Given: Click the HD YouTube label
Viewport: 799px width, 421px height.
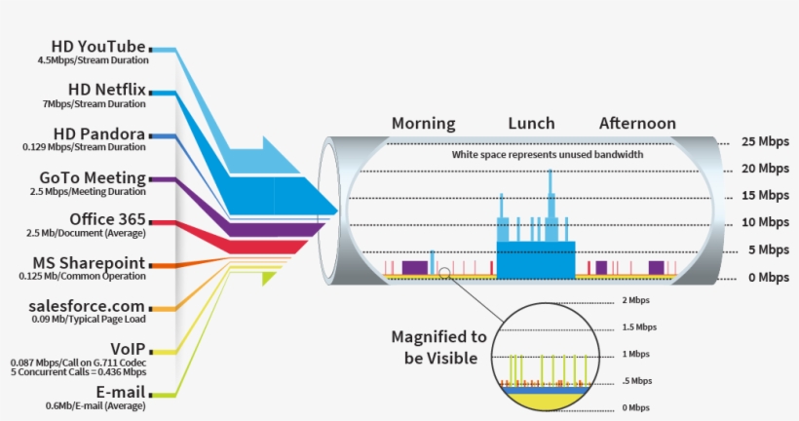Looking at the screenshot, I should pyautogui.click(x=99, y=46).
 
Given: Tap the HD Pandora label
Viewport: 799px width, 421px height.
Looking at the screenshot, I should pyautogui.click(x=99, y=134).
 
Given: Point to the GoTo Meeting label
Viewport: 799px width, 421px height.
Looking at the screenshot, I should pyautogui.click(x=93, y=177).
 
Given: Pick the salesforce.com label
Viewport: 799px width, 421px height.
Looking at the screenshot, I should pyautogui.click(x=89, y=307).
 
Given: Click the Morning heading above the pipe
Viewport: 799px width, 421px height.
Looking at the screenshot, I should pyautogui.click(x=423, y=124).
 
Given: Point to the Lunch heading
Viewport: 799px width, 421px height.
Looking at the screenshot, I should pyautogui.click(x=531, y=124).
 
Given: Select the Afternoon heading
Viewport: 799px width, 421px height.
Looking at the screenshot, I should pyautogui.click(x=637, y=124).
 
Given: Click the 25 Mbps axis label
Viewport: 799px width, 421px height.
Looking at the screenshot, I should pyautogui.click(x=765, y=140).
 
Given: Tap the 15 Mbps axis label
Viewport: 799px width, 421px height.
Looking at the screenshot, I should pyautogui.click(x=765, y=195).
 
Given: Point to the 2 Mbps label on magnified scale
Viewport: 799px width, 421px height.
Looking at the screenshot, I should pyautogui.click(x=635, y=301).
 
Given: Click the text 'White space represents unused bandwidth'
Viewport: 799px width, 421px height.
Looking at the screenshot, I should pyautogui.click(x=547, y=155).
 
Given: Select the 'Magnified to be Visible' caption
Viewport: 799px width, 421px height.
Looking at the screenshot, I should pyautogui.click(x=438, y=347).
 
